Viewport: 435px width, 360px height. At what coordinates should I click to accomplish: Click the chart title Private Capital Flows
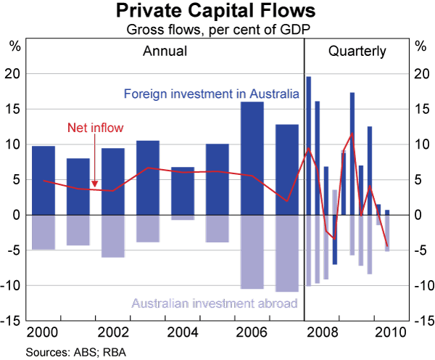pos(217,12)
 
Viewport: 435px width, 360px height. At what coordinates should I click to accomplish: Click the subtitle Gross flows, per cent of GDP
pos(217,30)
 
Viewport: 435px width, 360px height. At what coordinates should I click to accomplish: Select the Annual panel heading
pos(165,51)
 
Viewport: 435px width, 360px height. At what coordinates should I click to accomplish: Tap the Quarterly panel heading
pos(357,51)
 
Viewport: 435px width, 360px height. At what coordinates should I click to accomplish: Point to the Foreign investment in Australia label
pos(211,94)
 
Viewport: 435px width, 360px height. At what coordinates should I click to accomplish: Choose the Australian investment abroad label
pos(215,303)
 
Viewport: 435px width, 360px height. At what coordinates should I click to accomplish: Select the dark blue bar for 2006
pos(252,158)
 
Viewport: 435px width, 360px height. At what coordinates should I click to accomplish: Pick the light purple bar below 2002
pos(112,236)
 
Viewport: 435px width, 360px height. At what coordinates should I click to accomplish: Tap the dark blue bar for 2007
pos(286,170)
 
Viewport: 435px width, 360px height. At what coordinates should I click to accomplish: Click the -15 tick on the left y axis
pos(13,321)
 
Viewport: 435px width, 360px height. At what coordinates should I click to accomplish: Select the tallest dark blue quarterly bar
pos(308,145)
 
